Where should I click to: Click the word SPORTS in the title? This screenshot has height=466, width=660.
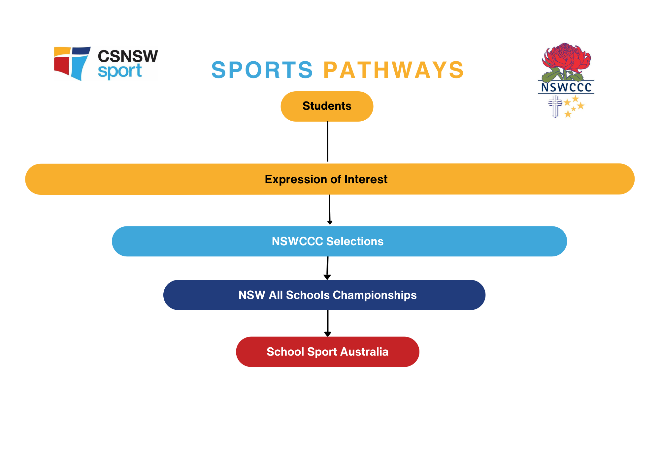tap(262, 70)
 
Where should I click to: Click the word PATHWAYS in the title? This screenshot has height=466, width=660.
tap(394, 70)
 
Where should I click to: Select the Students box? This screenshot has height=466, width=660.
tap(327, 106)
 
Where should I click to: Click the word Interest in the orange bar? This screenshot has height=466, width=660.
tap(366, 179)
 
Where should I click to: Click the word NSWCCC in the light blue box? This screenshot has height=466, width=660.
tap(297, 241)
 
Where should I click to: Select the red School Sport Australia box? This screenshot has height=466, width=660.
tap(327, 352)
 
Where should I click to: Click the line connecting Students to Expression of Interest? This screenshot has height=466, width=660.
tap(328, 142)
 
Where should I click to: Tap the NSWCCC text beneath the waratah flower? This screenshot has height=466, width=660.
tap(566, 87)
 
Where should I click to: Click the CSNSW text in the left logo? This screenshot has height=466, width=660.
tap(128, 56)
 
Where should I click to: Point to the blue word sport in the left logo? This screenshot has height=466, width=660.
tap(120, 71)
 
